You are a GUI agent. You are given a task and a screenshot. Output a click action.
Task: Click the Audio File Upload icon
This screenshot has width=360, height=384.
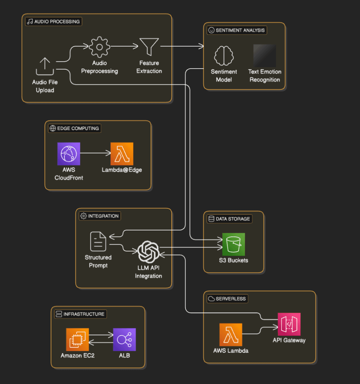45,67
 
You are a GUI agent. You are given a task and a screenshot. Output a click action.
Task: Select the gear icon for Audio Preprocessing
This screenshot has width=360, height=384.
100,47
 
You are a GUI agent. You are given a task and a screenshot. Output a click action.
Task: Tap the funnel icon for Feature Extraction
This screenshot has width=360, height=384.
149,47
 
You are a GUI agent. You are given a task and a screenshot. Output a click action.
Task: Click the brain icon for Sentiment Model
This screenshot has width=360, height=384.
224,55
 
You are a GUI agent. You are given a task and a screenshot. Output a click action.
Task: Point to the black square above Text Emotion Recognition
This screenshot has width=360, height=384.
265,55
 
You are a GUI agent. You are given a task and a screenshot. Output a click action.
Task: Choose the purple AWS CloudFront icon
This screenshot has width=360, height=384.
69,154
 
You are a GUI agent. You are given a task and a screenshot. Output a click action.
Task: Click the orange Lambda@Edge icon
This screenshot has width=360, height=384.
122,154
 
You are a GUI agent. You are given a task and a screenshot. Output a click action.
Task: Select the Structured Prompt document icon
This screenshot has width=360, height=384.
98,242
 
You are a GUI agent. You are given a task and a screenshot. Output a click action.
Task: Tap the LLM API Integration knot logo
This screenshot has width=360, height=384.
148,252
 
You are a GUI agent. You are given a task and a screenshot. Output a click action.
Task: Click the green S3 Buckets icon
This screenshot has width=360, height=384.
233,244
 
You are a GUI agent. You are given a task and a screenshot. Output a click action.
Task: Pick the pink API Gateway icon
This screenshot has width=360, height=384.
289,324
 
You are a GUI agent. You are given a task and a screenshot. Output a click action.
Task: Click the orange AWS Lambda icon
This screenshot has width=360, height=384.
231,334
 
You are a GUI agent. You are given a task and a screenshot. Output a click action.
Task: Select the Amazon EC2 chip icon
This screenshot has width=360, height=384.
77,339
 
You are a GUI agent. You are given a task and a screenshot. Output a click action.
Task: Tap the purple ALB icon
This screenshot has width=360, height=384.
124,339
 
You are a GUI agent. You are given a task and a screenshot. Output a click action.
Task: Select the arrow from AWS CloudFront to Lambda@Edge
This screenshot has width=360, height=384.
95,153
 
